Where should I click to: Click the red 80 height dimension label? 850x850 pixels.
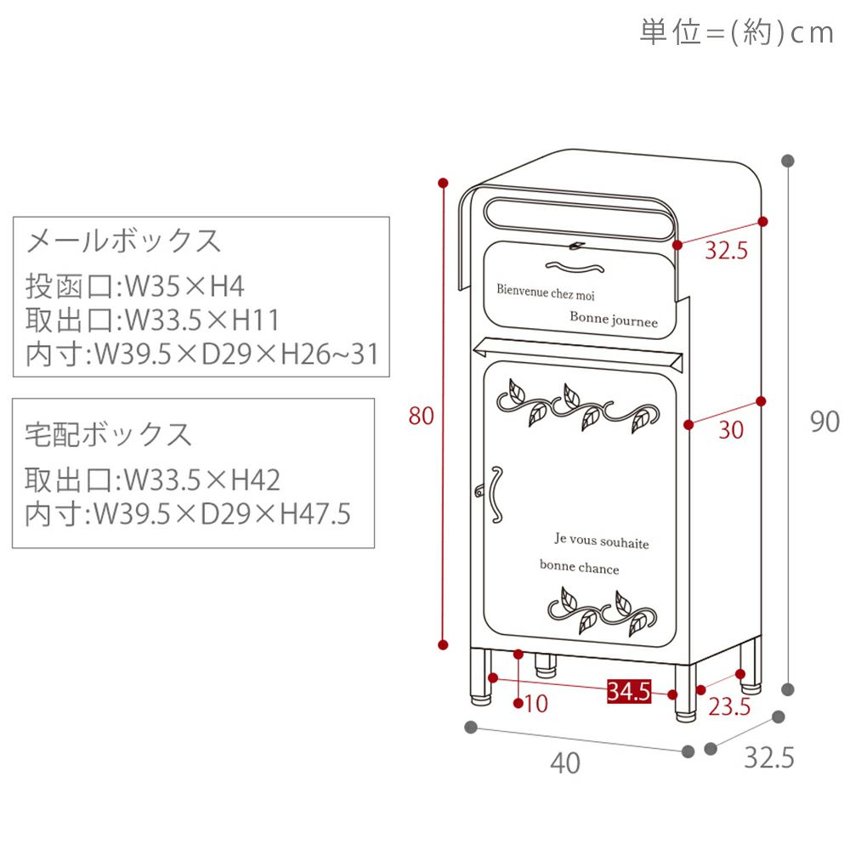click(422, 416)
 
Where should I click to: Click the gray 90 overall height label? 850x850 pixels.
click(824, 421)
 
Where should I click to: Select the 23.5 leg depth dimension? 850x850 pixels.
click(729, 705)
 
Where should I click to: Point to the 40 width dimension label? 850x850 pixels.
click(565, 763)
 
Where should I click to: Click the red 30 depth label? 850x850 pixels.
click(730, 430)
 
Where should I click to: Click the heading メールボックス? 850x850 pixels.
click(124, 241)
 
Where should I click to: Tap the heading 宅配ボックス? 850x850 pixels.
click(109, 434)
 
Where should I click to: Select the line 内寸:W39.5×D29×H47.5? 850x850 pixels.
click(187, 514)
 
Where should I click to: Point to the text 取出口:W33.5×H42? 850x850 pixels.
click(153, 480)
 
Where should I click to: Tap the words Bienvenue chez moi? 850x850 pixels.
click(546, 292)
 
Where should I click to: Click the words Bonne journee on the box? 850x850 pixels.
click(614, 320)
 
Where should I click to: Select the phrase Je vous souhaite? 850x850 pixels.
click(601, 541)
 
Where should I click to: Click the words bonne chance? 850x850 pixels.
click(579, 568)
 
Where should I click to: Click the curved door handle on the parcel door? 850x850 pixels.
click(492, 492)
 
